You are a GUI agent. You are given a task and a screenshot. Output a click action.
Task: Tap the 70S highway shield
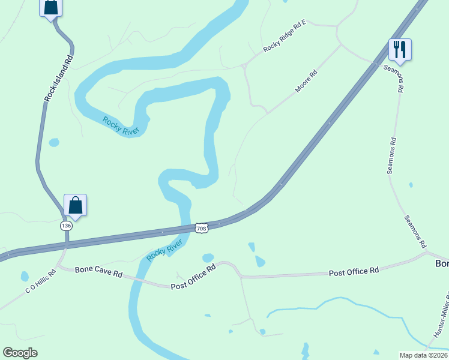tap(201, 228)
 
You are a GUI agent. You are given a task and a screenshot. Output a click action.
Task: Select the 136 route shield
tap(66, 226)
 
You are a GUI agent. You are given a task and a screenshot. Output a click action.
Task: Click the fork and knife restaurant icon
tap(400, 49)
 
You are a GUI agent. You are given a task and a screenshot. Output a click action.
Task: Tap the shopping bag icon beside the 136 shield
tap(75, 205)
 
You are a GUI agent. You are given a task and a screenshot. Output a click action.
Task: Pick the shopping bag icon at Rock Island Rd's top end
tap(51, 7)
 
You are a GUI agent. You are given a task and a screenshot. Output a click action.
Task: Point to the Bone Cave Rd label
tap(98, 271)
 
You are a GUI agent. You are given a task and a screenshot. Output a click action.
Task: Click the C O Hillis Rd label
tap(40, 281)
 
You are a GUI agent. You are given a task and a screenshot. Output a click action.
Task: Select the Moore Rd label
tap(306, 82)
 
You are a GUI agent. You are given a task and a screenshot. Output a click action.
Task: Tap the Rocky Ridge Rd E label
tap(285, 36)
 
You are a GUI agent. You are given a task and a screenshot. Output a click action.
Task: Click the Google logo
tap(20, 353)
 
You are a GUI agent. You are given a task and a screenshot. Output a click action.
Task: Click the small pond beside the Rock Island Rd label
tap(54, 143)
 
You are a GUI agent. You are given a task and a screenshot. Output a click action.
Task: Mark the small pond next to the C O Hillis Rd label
tap(25, 277)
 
